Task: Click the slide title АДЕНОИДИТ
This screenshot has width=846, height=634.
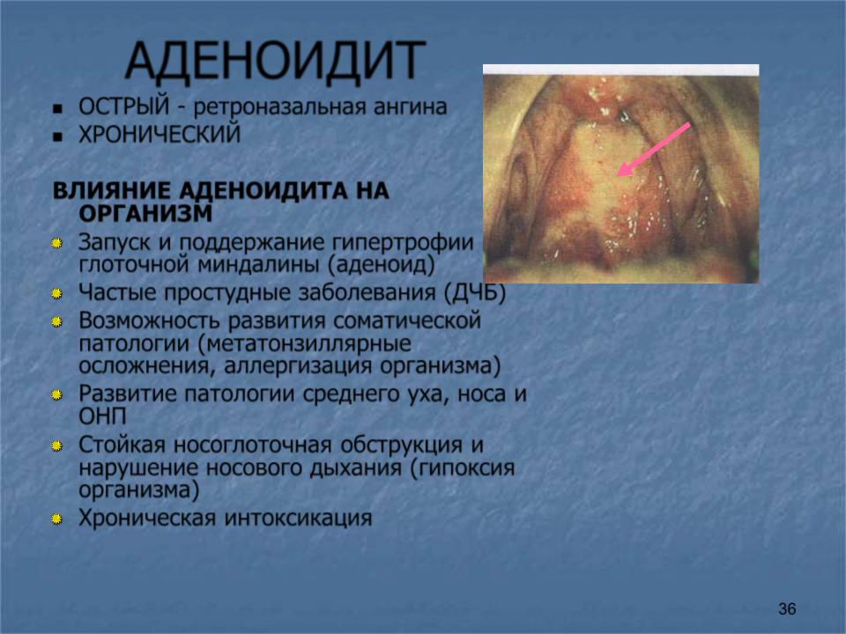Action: pyautogui.click(x=276, y=61)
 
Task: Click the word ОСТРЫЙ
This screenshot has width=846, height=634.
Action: pyautogui.click(x=124, y=107)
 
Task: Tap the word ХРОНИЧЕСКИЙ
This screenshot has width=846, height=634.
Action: pyautogui.click(x=160, y=134)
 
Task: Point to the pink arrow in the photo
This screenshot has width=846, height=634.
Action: pyautogui.click(x=653, y=150)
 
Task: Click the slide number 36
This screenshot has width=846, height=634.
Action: pyautogui.click(x=787, y=608)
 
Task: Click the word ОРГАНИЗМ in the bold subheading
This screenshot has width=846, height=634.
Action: pyautogui.click(x=145, y=214)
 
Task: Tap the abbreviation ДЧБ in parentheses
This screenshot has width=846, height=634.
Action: pyautogui.click(x=475, y=293)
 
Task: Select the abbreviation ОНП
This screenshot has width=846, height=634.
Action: pyautogui.click(x=102, y=417)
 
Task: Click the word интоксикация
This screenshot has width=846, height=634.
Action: pyautogui.click(x=299, y=518)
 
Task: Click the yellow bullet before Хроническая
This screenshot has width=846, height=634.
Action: pyautogui.click(x=56, y=520)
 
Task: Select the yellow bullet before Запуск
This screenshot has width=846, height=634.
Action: pyautogui.click(x=56, y=244)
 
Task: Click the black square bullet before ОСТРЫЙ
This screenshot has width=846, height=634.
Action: pyautogui.click(x=58, y=109)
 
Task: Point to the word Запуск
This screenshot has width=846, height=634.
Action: pyautogui.click(x=115, y=243)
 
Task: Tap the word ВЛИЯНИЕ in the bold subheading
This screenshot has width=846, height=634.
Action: pyautogui.click(x=112, y=191)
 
